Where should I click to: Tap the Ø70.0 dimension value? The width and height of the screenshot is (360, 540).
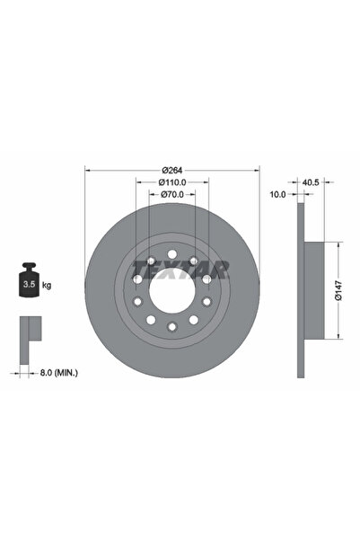click(x=172, y=193)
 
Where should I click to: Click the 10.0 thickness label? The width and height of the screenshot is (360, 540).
click(x=277, y=193)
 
